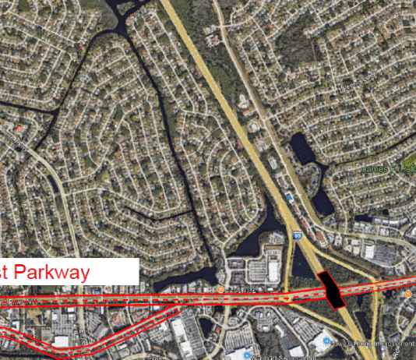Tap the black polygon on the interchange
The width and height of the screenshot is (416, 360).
pyautogui.click(x=332, y=289)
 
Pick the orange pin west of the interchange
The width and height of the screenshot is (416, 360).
pyautogui.click(x=220, y=291)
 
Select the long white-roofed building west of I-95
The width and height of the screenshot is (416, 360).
pyautogui.click(x=273, y=270)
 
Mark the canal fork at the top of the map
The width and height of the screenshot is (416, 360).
pyautogui.click(x=120, y=11)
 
